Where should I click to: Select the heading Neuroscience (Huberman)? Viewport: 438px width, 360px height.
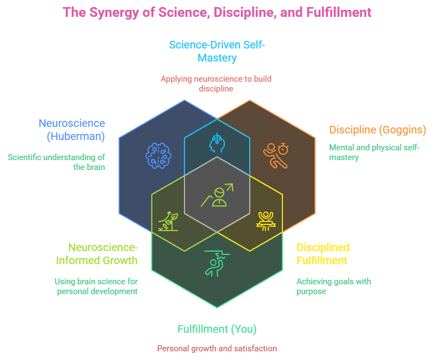point(72,130)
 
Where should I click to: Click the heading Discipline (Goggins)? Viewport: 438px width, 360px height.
point(377,130)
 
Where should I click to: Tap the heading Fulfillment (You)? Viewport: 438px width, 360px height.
point(217,329)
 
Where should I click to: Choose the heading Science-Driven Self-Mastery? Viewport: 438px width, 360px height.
point(217,51)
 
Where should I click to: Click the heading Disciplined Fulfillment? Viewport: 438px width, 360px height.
point(323,254)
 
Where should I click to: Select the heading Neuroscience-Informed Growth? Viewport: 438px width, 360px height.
point(96,254)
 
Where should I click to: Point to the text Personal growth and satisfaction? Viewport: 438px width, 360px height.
point(217,348)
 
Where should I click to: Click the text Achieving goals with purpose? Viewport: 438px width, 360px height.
point(334,286)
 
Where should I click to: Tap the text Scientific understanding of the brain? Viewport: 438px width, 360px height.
point(57,162)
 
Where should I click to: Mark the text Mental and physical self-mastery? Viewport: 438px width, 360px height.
point(374,152)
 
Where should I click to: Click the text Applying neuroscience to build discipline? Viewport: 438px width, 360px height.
point(216,83)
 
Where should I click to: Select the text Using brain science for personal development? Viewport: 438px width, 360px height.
point(96,286)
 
